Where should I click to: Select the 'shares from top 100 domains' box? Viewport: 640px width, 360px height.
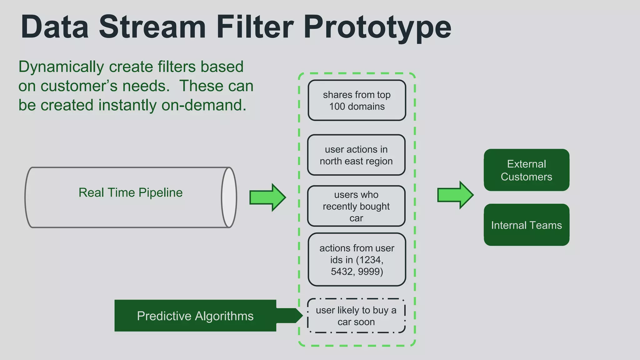[x=357, y=100]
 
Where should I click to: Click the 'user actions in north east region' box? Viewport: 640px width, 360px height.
[x=356, y=155]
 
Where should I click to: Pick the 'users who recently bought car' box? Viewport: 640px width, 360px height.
[x=356, y=206]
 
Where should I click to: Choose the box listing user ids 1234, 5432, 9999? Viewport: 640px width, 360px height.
[x=357, y=259]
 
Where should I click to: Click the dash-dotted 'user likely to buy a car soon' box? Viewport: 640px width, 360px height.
[x=356, y=316]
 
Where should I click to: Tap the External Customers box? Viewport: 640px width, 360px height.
[x=526, y=170]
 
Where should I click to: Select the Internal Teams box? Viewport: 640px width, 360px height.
[x=526, y=225]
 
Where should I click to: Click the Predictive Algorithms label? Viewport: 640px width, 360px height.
[x=195, y=316]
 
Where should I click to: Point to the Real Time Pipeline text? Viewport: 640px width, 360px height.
[x=130, y=192]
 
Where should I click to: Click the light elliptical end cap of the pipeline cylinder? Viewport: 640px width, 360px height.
[x=229, y=197]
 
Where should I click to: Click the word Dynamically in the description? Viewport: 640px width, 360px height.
[x=61, y=67]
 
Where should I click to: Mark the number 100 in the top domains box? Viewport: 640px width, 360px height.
[x=337, y=107]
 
